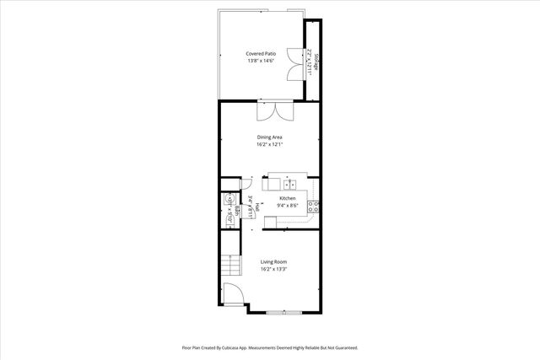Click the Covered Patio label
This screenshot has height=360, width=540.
pos(261,53)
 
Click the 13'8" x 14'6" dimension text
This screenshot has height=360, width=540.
pos(261,61)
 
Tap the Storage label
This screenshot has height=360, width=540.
pos(318,62)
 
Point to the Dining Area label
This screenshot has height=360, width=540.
pos(269,137)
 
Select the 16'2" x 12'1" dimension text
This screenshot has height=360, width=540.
pos(269,144)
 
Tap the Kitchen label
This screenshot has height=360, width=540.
pos(288,198)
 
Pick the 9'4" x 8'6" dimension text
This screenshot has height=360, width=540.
pos(288,205)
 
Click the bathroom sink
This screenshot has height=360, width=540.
pos(228,201)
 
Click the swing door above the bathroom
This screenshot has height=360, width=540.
pos(247,183)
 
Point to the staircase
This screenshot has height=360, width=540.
pos(230,268)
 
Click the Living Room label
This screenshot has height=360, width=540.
pos(273,262)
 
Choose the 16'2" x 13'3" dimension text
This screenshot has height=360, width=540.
pos(273,270)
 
